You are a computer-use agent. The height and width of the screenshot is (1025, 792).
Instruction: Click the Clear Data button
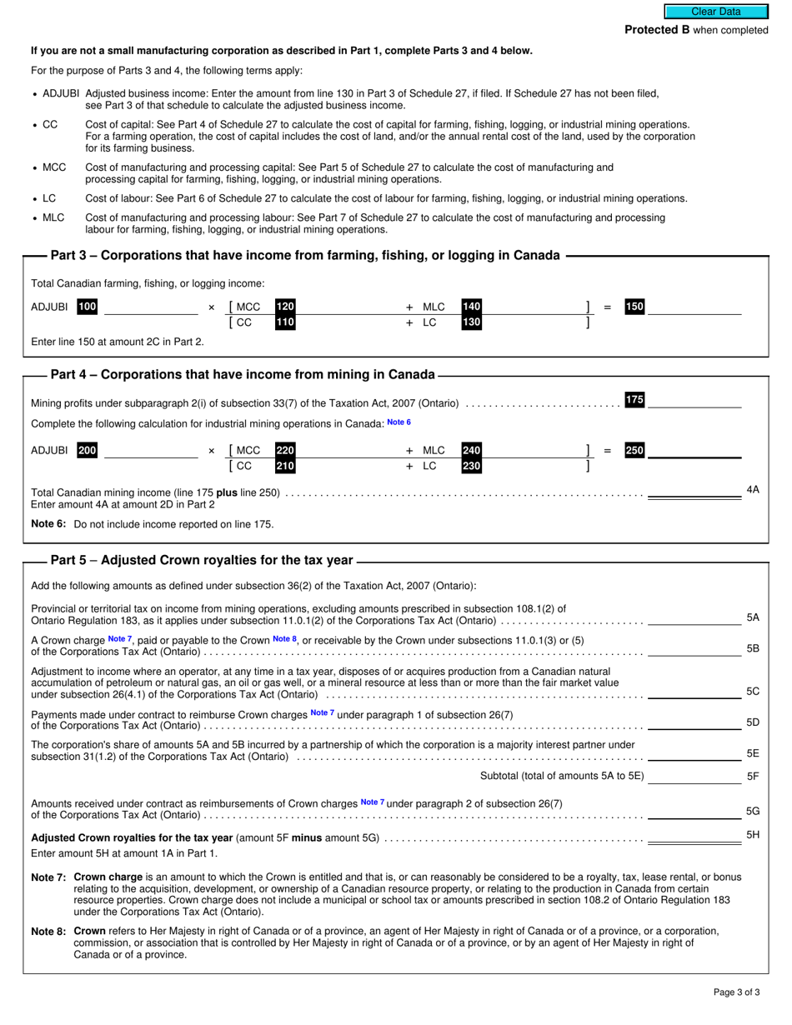[715, 12]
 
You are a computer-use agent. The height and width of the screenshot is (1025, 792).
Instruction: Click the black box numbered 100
[88, 307]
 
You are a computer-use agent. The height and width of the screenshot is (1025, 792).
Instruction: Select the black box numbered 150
[634, 307]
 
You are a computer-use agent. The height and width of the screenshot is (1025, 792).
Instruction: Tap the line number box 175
[634, 400]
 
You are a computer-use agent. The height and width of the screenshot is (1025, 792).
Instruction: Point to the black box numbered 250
[634, 450]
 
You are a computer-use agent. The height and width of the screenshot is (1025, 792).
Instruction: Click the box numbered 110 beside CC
[285, 322]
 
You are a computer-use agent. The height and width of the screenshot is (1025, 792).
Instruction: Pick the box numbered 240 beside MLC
[472, 450]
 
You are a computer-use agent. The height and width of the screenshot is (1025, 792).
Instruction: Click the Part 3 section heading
[305, 256]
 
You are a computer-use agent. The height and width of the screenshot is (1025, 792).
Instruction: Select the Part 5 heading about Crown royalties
[202, 561]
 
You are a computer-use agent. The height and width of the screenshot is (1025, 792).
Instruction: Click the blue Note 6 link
[399, 422]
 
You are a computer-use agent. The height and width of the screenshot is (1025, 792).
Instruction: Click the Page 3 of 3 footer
[736, 992]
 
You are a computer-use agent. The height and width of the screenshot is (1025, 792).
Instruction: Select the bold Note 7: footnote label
[48, 877]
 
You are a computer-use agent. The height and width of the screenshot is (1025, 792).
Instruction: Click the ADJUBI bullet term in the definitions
[61, 93]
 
